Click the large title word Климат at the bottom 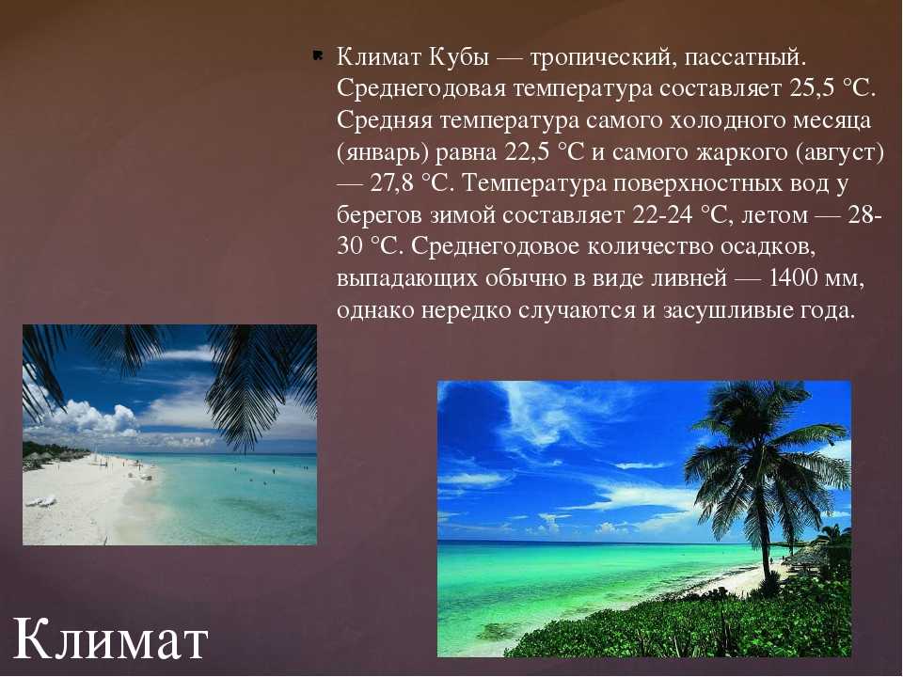[x=110, y=639]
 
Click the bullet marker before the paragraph [x=317, y=55]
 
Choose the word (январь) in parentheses [x=383, y=152]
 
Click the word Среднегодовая [x=421, y=89]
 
